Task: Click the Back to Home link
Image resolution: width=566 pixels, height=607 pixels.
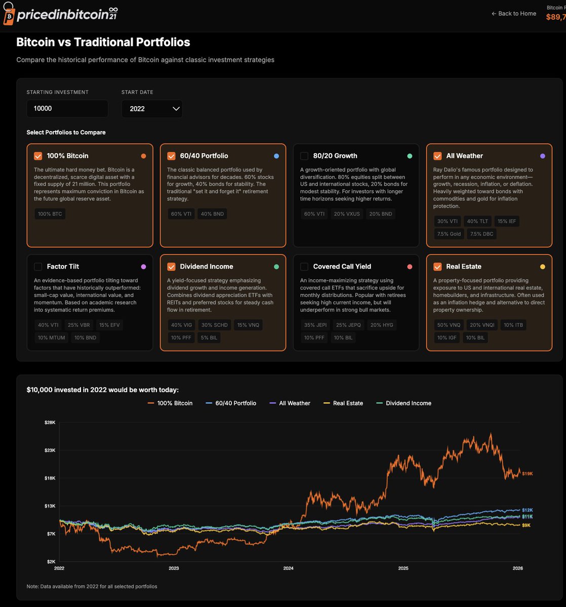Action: click(x=513, y=14)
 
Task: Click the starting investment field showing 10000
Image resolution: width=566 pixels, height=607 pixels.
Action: click(x=67, y=109)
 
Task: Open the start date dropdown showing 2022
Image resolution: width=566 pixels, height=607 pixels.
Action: click(x=152, y=109)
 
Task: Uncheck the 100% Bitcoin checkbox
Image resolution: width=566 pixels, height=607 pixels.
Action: click(x=38, y=156)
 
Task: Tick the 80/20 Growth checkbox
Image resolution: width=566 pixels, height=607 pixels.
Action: click(x=304, y=156)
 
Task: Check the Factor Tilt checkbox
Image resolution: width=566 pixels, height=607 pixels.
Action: click(x=38, y=267)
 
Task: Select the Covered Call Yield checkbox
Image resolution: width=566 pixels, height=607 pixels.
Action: click(x=304, y=267)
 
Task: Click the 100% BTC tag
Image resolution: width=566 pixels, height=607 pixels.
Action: click(x=50, y=214)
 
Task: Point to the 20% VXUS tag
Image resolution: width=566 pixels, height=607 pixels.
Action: click(x=347, y=214)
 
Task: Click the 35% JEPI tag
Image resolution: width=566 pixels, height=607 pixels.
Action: click(x=315, y=325)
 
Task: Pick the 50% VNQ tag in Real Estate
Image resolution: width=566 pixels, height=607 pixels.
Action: click(x=449, y=325)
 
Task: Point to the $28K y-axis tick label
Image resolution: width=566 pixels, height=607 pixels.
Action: click(x=50, y=422)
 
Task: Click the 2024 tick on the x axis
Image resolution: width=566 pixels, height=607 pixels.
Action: click(x=288, y=568)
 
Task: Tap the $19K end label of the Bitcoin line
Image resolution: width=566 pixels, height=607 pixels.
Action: click(x=527, y=473)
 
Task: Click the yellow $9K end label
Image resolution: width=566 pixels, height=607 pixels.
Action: click(x=527, y=526)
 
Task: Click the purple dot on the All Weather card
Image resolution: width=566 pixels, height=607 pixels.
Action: click(x=543, y=156)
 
